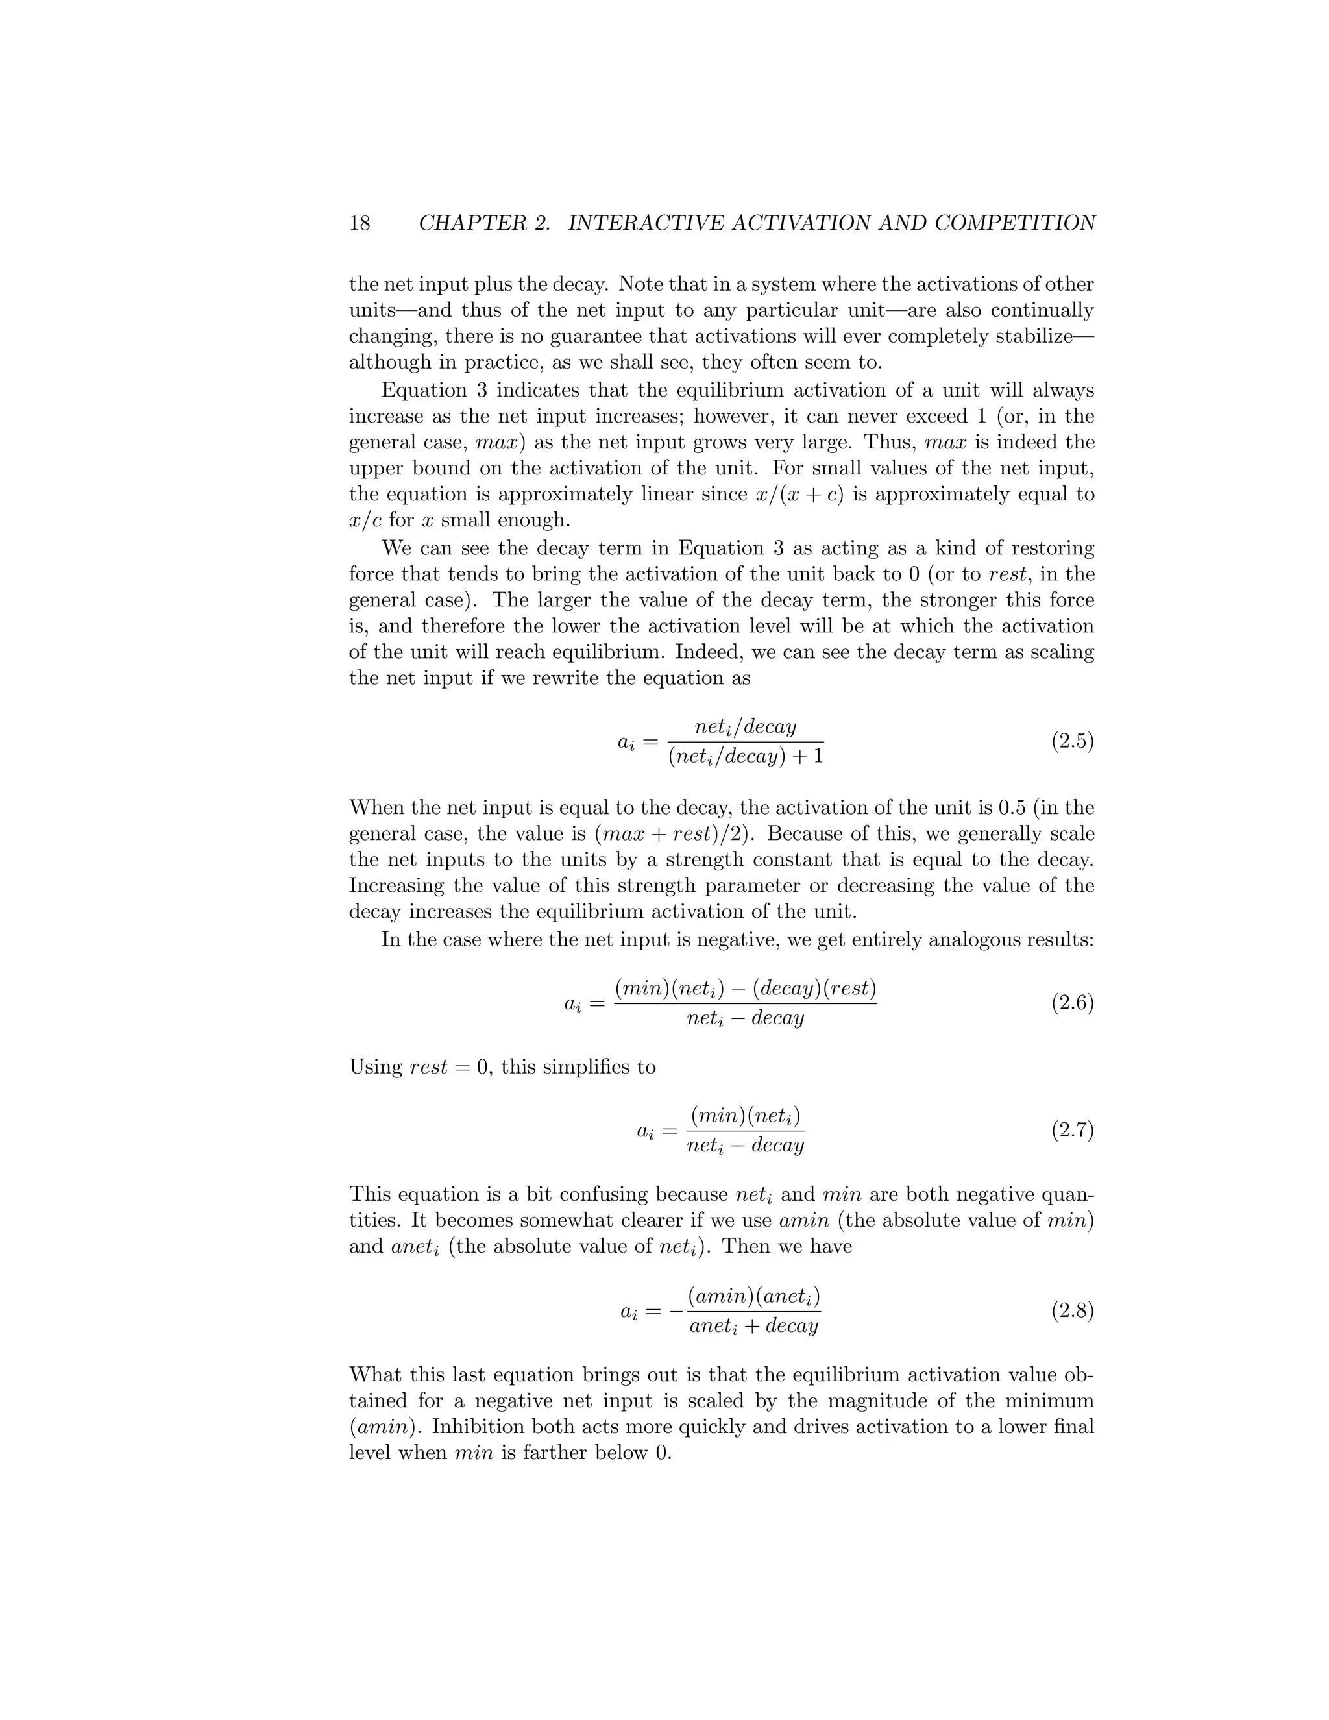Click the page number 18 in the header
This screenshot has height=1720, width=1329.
click(x=359, y=224)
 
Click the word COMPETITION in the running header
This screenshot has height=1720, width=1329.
click(x=1015, y=224)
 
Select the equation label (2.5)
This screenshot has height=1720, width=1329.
click(x=1072, y=741)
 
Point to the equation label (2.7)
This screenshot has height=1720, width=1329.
click(x=1072, y=1130)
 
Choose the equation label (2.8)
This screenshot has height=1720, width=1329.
click(x=1072, y=1310)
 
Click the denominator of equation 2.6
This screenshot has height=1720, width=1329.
click(x=745, y=1018)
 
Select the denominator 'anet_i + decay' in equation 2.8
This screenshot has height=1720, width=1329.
click(x=753, y=1326)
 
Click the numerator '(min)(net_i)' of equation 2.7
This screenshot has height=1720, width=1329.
click(x=745, y=1115)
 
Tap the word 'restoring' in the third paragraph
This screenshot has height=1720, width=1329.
click(x=1053, y=548)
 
